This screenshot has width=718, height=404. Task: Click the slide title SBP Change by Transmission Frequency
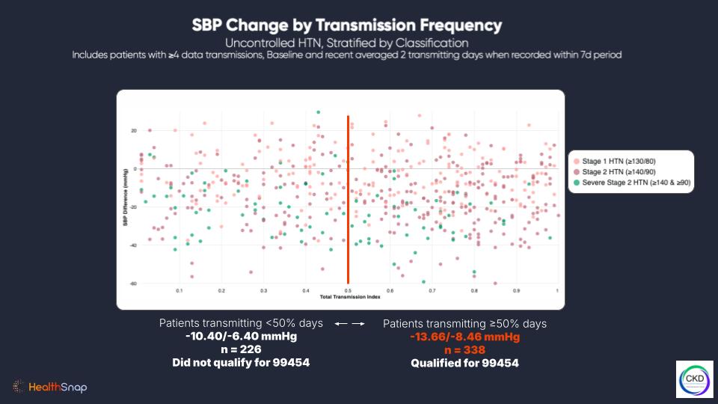(x=346, y=25)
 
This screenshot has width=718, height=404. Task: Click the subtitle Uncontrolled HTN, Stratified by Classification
(x=346, y=42)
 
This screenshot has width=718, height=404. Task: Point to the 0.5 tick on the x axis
(x=348, y=290)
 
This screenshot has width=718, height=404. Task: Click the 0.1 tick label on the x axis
(x=179, y=290)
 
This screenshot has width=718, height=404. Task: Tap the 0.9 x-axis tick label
(x=516, y=290)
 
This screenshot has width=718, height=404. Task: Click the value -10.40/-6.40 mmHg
(x=241, y=337)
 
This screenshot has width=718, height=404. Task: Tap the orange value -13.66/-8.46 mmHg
(x=464, y=337)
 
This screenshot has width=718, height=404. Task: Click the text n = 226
(x=241, y=350)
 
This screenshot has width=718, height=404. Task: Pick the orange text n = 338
(x=464, y=350)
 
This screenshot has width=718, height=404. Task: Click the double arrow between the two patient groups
(x=349, y=325)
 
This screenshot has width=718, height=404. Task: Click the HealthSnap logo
(x=51, y=387)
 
